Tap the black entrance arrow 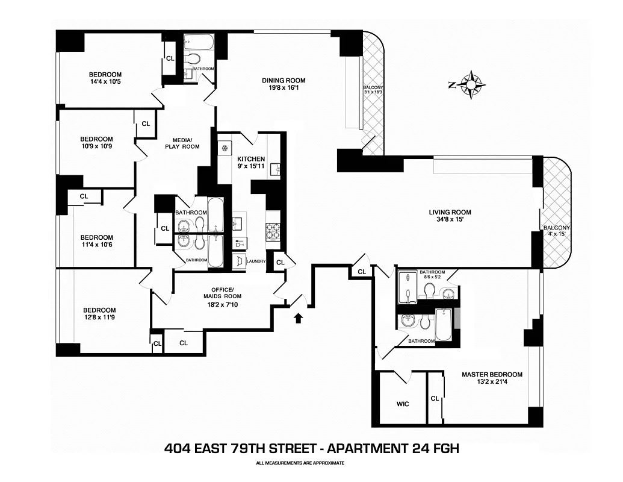point(298,317)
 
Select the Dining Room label point(284,81)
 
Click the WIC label point(403,404)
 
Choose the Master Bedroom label point(492,374)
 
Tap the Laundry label point(256,261)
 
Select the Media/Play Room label point(182,142)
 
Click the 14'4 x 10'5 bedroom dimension point(105,82)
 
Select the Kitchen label point(251,159)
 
